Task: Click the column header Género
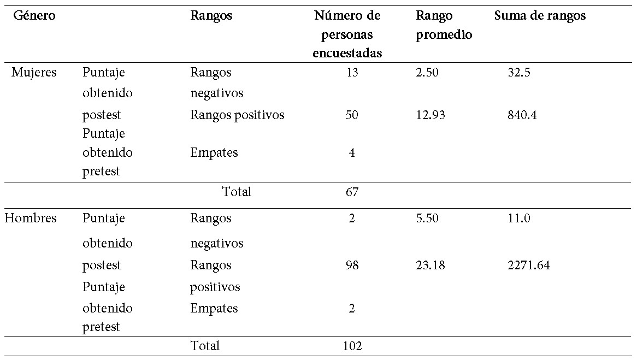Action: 34,16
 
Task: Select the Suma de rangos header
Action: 540,16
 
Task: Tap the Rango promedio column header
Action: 444,25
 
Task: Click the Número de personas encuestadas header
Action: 347,34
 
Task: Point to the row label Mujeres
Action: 34,72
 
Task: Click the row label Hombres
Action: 31,218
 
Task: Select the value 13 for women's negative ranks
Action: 352,72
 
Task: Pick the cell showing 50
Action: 352,115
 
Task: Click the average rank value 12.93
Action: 430,115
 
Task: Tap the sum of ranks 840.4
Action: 522,115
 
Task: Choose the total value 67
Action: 352,192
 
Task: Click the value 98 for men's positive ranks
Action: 352,265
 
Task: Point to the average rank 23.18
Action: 430,265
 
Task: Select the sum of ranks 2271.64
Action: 528,265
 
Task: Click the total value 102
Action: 352,346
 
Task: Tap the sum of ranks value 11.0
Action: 519,218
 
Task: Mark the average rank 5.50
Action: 427,218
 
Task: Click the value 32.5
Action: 519,72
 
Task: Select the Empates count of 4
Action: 352,152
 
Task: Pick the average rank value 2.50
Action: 427,72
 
